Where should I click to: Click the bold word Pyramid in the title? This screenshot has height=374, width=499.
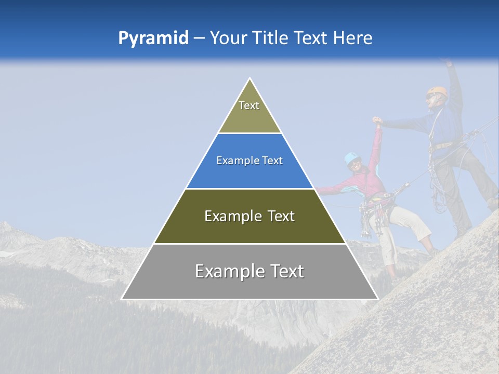pos(153,38)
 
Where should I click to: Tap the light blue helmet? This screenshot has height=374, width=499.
pos(352,157)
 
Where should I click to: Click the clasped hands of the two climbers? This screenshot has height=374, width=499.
pos(377,122)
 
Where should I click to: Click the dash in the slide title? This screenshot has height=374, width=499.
pos(199,38)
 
